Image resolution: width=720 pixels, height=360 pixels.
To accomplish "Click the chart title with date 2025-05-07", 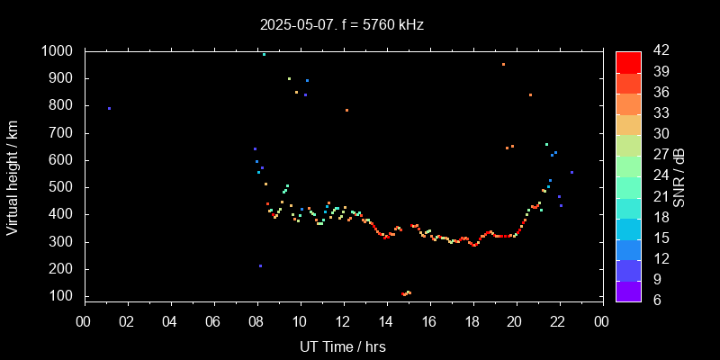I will point(341,25).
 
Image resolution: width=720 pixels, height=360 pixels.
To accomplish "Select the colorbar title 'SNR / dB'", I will point(679,175).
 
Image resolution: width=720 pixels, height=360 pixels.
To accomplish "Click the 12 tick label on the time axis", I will point(343,321).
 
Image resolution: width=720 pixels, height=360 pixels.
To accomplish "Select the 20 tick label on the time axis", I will point(515,321).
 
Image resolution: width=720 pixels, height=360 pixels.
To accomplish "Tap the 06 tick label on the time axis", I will point(213,321).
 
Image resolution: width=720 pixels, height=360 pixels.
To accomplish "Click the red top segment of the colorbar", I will point(628,61).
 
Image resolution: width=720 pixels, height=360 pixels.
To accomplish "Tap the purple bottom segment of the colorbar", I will point(628,290).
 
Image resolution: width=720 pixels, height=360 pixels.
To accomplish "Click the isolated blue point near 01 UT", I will point(109,109).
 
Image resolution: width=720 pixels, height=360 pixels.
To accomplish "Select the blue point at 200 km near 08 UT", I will point(260,265).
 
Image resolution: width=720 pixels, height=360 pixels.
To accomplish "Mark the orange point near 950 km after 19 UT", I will point(503,65).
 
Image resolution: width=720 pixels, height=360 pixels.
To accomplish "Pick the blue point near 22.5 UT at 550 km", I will point(571,172).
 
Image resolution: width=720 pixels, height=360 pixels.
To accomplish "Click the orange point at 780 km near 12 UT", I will point(346,111).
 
